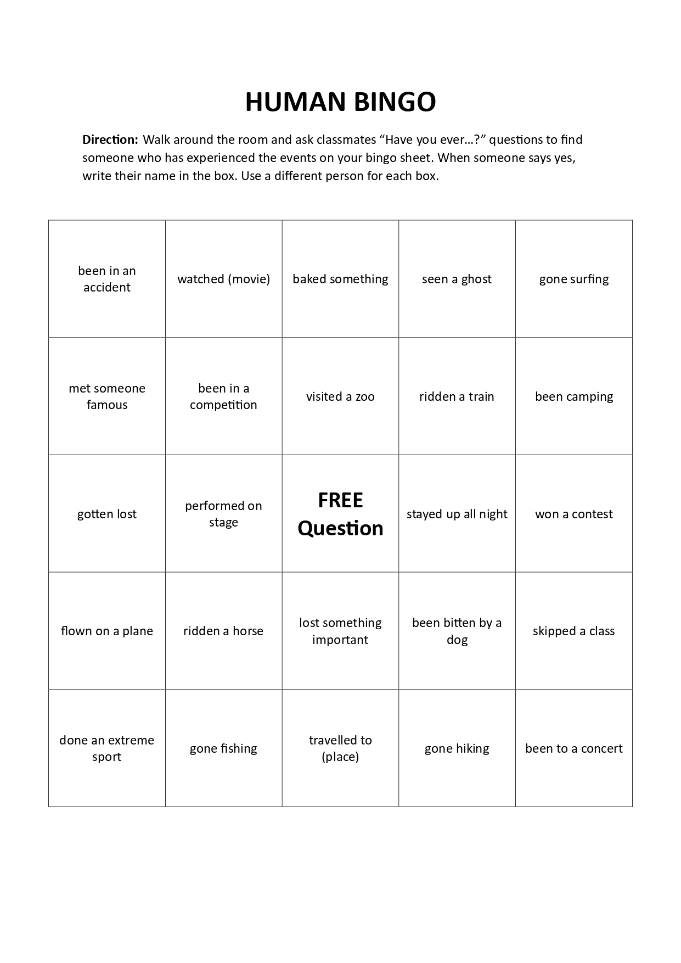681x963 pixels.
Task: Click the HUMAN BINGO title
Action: pos(340,102)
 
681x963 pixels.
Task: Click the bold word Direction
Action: pos(110,139)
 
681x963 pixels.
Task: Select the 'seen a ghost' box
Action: pos(457,279)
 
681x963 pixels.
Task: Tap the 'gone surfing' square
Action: pos(574,279)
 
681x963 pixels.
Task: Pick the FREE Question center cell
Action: pos(340,514)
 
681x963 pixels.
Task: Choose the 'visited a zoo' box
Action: pos(340,396)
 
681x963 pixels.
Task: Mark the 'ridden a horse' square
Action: pos(223,631)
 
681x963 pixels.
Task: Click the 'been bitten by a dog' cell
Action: pos(457,631)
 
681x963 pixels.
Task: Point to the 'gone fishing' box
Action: pos(223,748)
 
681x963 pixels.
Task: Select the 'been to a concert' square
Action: pos(574,748)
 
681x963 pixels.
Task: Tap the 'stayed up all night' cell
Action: pos(457,514)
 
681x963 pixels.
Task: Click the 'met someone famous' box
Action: pos(107,396)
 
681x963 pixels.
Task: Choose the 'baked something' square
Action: pos(340,279)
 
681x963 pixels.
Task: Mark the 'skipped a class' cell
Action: pos(574,631)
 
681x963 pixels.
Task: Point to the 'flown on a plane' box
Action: pos(107,631)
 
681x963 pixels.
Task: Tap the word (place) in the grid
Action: pos(340,757)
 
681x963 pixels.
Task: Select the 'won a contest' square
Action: pos(574,514)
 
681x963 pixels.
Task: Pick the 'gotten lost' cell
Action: pos(107,514)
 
